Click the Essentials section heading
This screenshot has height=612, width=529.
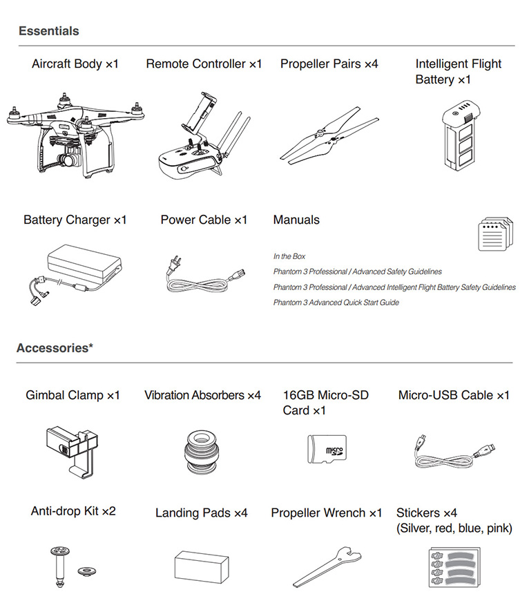[x=48, y=31]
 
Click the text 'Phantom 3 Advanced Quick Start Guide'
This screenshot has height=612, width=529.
[x=336, y=303]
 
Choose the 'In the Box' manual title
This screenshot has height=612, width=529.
[x=289, y=256]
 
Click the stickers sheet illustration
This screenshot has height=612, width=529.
[x=456, y=566]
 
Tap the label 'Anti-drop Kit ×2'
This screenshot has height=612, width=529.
[x=73, y=511]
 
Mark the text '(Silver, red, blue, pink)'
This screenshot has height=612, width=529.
[x=454, y=528]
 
